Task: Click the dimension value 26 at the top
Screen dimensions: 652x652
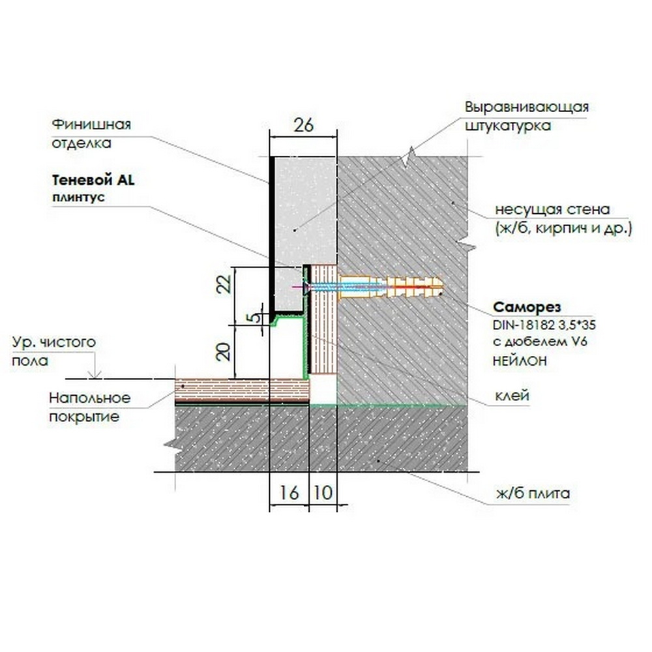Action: coord(304,125)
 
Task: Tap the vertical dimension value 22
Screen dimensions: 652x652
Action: coord(224,284)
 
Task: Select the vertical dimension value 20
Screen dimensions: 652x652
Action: coord(224,351)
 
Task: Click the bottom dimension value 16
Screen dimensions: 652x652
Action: coord(289,493)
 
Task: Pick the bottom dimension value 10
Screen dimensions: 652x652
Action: coord(323,493)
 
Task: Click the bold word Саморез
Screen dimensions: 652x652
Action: coord(527,307)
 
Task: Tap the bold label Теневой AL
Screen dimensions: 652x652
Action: coord(93,181)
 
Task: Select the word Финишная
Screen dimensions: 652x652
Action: coord(91,125)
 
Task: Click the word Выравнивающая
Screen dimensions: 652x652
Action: coord(527,107)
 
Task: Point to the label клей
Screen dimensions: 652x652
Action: coord(512,395)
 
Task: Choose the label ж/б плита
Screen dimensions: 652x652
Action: coord(533,494)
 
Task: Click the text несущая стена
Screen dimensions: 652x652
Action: coord(552,209)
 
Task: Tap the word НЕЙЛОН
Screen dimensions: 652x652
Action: coord(520,361)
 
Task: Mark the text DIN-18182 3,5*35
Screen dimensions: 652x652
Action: coord(544,325)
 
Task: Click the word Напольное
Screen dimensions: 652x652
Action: coord(90,398)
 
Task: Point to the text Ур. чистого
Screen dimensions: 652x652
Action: coord(54,342)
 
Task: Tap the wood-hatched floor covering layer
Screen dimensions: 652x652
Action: coord(242,390)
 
